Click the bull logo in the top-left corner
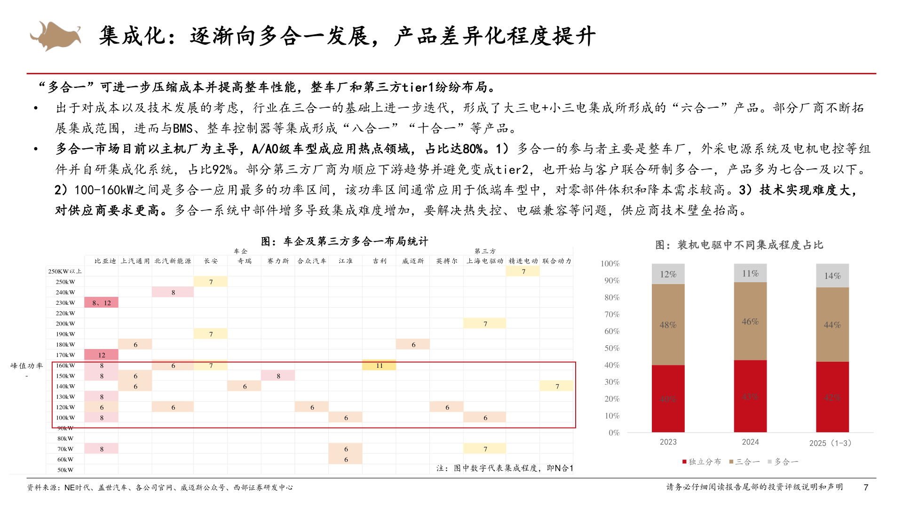tap(55, 35)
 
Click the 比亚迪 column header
tap(105, 261)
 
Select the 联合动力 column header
tap(557, 261)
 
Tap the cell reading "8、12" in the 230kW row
tap(102, 303)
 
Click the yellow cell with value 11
tap(379, 365)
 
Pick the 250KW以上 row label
tap(65, 271)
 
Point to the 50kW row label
tap(65, 470)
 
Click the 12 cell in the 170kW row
tap(102, 355)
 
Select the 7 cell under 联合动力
tap(557, 387)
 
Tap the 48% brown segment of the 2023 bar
tap(668, 325)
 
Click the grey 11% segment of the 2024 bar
tap(750, 273)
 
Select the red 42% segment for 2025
tap(832, 397)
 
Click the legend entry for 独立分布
tap(702, 462)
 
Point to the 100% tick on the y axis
tap(610, 264)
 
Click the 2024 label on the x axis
tap(750, 442)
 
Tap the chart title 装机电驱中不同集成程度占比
tap(739, 245)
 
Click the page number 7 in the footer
tap(866, 487)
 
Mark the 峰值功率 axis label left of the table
tap(27, 366)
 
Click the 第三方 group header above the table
tap(485, 251)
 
